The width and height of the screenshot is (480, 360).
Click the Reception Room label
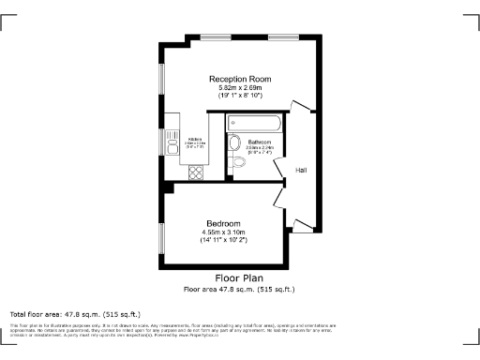pyautogui.click(x=240, y=80)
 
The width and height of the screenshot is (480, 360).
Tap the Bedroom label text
pyautogui.click(x=223, y=222)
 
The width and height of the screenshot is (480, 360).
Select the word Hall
pyautogui.click(x=301, y=170)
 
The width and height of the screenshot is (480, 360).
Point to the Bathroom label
pyautogui.click(x=259, y=142)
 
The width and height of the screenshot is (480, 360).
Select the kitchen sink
pyautogui.click(x=172, y=142)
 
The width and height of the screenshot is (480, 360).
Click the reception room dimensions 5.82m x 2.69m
pyautogui.click(x=240, y=88)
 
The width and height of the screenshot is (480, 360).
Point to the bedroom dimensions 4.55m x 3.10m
pyautogui.click(x=223, y=232)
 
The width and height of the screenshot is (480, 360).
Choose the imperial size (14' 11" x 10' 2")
pyautogui.click(x=223, y=241)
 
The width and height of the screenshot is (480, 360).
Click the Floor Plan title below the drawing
pyautogui.click(x=239, y=278)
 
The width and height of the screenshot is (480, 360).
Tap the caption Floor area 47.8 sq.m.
pyautogui.click(x=239, y=290)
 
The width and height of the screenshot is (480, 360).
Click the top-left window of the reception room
pyautogui.click(x=215, y=37)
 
